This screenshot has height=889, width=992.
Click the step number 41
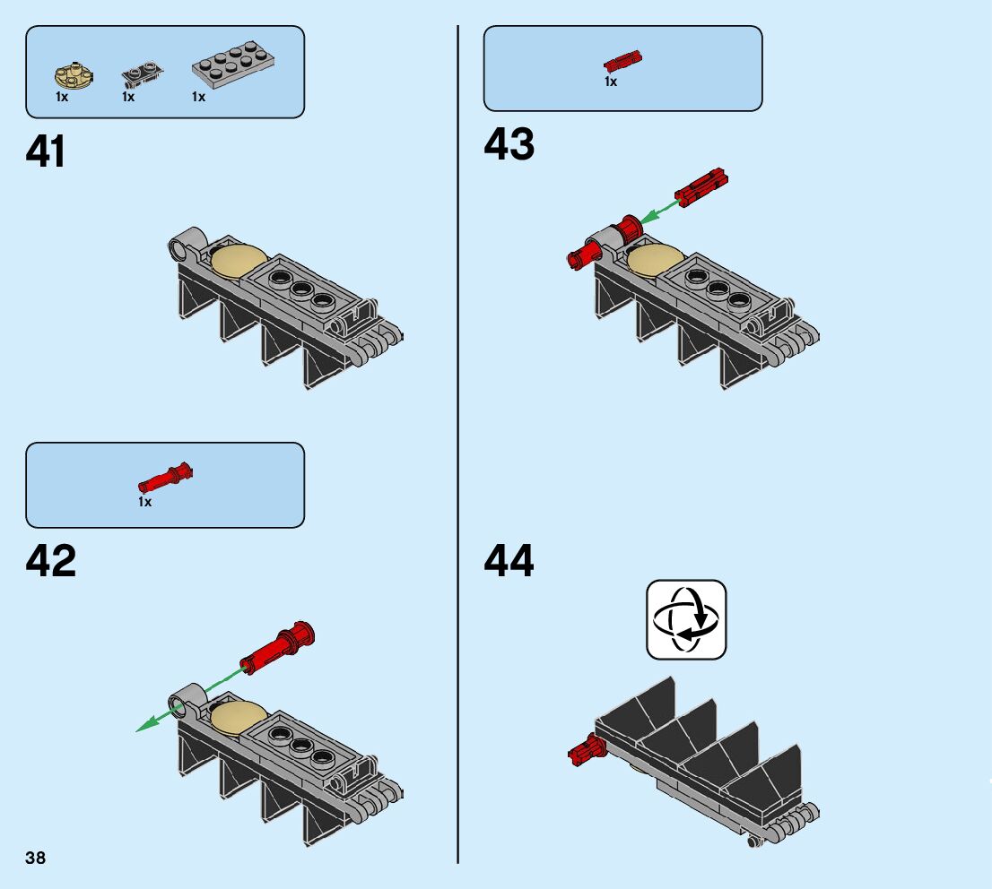(x=46, y=152)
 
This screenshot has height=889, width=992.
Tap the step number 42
(x=51, y=562)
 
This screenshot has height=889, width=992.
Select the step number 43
(x=509, y=145)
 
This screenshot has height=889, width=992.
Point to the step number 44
(x=509, y=562)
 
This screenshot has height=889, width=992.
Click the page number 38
(x=36, y=859)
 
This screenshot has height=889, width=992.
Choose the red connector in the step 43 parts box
(x=622, y=62)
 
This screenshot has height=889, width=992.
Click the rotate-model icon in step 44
(x=686, y=619)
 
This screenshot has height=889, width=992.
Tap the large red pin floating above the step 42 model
(x=280, y=647)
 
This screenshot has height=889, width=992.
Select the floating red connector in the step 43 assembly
(x=700, y=186)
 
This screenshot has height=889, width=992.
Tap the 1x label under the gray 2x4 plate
(x=199, y=97)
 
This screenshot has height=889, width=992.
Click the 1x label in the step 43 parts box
(x=611, y=82)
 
